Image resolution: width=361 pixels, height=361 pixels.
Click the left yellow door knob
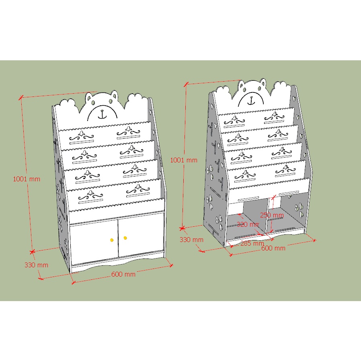click(x=112, y=240)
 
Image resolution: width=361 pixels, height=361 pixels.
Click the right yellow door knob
click(x=125, y=238)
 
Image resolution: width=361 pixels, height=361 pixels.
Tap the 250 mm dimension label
click(x=272, y=215)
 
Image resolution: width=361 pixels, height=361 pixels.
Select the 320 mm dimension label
click(x=248, y=224)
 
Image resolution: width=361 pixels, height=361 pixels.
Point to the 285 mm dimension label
click(x=252, y=243)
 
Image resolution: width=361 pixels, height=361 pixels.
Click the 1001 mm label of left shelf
click(x=27, y=179)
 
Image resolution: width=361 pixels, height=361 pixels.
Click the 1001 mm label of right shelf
click(x=184, y=160)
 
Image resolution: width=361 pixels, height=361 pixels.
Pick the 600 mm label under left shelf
click(x=123, y=274)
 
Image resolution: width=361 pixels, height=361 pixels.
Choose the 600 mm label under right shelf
click(x=273, y=248)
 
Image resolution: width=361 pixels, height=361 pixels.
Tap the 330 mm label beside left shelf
click(x=36, y=265)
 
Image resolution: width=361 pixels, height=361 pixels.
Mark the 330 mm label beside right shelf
click(x=191, y=240)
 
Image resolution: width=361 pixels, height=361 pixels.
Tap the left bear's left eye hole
click(x=92, y=102)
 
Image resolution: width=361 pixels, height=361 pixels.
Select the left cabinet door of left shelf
click(x=94, y=241)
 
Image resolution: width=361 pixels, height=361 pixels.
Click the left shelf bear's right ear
click(x=114, y=95)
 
